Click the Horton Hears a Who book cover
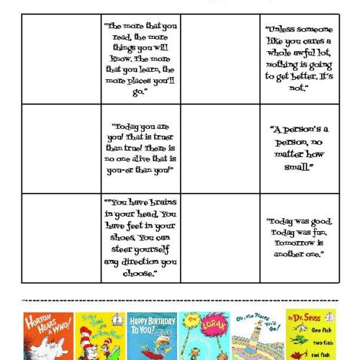42,335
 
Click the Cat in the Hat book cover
96,335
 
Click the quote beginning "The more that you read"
140,58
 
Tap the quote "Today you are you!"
140,147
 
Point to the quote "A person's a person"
298,147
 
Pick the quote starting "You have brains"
140,238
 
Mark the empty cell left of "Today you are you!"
61,148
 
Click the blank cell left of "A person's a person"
220,148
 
